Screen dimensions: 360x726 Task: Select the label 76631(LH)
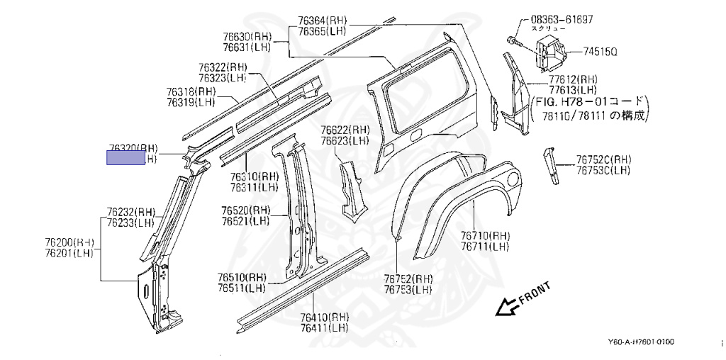coord(247,47)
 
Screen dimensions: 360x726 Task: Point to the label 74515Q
coord(601,52)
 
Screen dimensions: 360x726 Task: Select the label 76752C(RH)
coord(603,159)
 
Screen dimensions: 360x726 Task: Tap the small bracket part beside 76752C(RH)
coord(549,164)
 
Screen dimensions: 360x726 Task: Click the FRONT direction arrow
coord(507,306)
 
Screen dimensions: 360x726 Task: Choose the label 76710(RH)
coord(485,236)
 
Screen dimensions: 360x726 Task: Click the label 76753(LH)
coord(408,289)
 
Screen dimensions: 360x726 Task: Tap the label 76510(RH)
coord(242,277)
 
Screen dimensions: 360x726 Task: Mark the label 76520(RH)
coord(245,210)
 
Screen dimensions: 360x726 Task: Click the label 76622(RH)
coord(345,130)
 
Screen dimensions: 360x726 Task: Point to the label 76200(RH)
coord(69,242)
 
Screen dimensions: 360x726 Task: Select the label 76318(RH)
coord(191,91)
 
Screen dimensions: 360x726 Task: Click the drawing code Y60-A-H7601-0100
coord(642,342)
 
